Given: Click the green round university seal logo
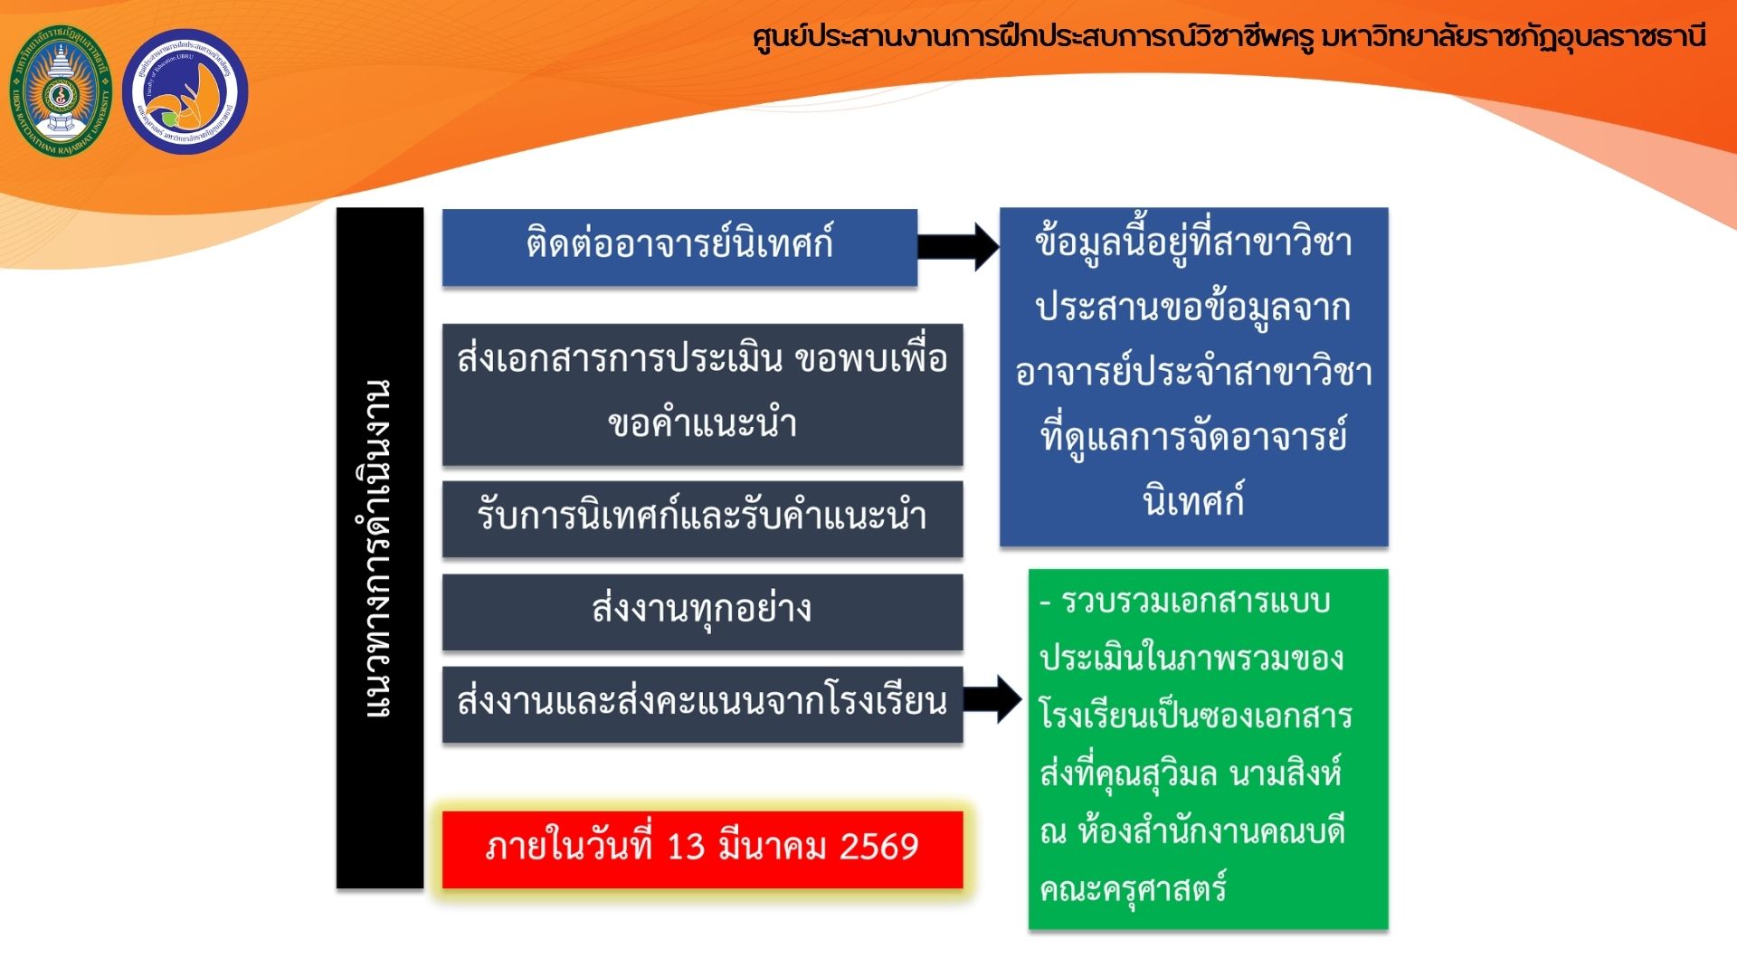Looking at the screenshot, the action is pos(61,90).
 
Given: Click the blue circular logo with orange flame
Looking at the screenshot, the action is pos(185,91).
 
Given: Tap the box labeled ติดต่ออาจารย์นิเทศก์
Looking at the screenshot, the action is pos(679,247).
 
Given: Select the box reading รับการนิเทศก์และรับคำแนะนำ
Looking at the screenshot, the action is pos(702,518).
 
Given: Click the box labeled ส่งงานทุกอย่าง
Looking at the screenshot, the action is pos(702,612).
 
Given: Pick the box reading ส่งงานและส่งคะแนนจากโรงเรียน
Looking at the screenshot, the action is pos(702,705).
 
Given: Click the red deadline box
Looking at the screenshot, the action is pos(702,849).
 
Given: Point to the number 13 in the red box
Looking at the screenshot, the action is pos(686,847).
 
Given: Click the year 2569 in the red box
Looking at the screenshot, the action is pos(878,847).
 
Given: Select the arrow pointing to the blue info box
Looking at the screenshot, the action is pos(958,246).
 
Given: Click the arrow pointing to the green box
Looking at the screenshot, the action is pos(992,699).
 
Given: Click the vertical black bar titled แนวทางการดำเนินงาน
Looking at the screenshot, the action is pos(380,548).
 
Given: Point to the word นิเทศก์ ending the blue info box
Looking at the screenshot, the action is pos(1193,501).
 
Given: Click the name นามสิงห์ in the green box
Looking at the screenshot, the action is pos(1285,773).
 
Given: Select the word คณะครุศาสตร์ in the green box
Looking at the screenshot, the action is pos(1133,889).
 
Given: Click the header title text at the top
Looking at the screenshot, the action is pos(1229,38).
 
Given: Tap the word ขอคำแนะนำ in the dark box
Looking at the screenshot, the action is pos(702,423).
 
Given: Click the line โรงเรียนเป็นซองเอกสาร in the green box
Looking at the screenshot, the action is pos(1195,716).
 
